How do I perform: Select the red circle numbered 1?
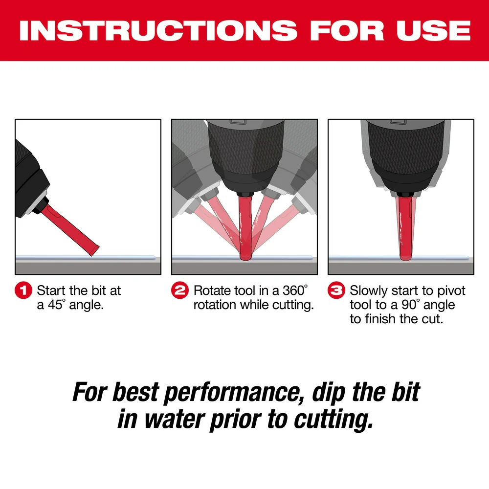(24, 290)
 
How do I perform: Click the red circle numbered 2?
(180, 290)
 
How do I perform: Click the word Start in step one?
(52, 290)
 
